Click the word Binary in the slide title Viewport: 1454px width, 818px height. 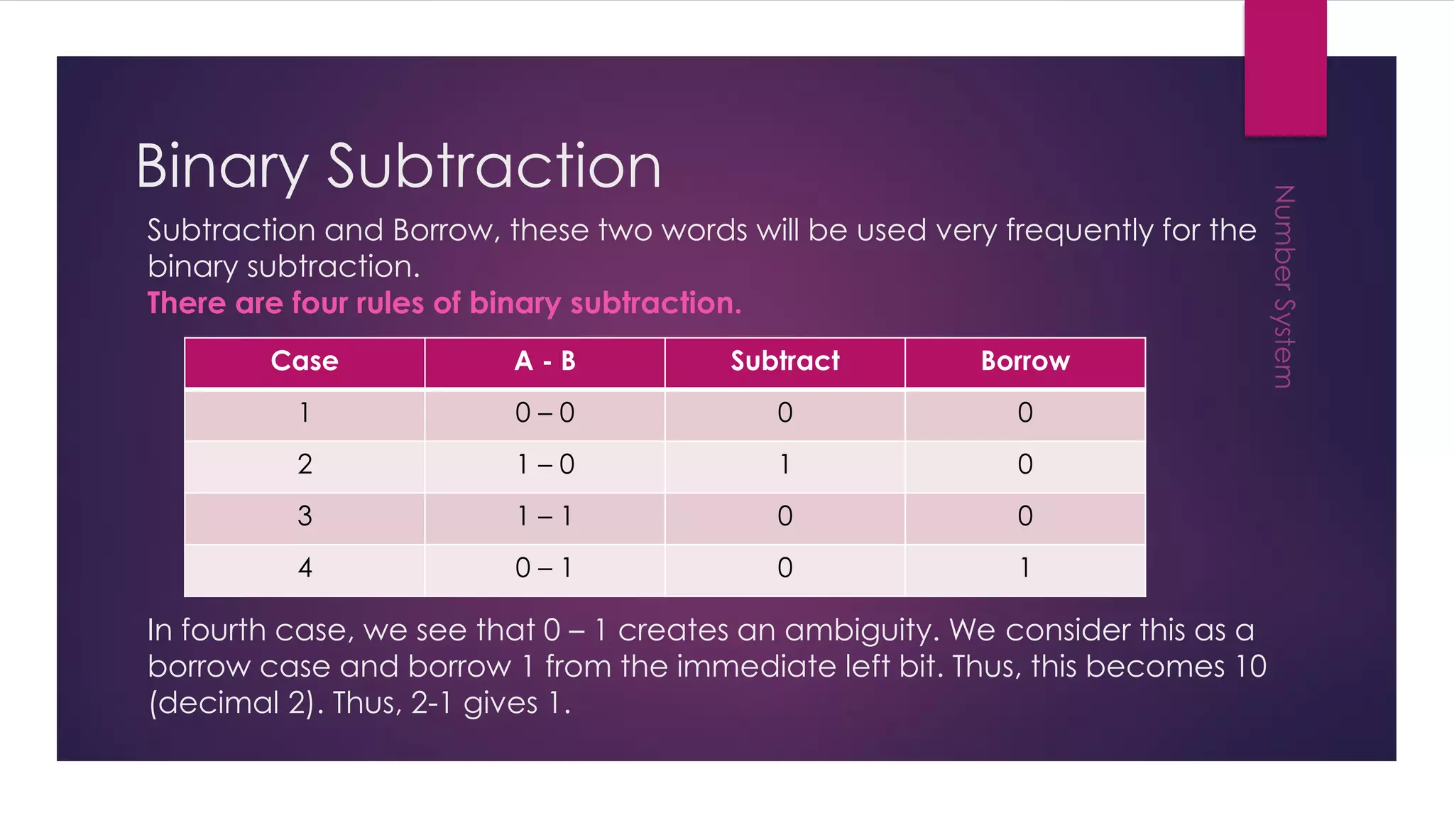tap(222, 166)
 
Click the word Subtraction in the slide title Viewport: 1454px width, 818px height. tap(493, 166)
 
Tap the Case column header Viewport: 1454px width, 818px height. tap(305, 361)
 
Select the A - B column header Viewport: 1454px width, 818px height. tap(545, 361)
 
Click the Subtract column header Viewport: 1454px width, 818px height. tap(785, 361)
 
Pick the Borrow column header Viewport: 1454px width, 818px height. tap(1024, 361)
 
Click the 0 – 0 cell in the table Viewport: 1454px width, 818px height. tap(545, 413)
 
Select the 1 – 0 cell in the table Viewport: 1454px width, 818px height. tap(545, 465)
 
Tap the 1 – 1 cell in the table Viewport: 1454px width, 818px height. tap(545, 516)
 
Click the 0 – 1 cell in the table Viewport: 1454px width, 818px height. tap(545, 568)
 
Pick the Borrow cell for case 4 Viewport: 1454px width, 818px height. tap(1024, 568)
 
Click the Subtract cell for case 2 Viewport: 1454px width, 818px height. tap(785, 465)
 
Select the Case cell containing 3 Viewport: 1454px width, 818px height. tap(305, 516)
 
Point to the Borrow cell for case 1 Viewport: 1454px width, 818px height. tap(1024, 413)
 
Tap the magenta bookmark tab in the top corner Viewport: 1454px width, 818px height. tap(1285, 67)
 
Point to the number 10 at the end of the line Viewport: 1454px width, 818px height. tap(1250, 667)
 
